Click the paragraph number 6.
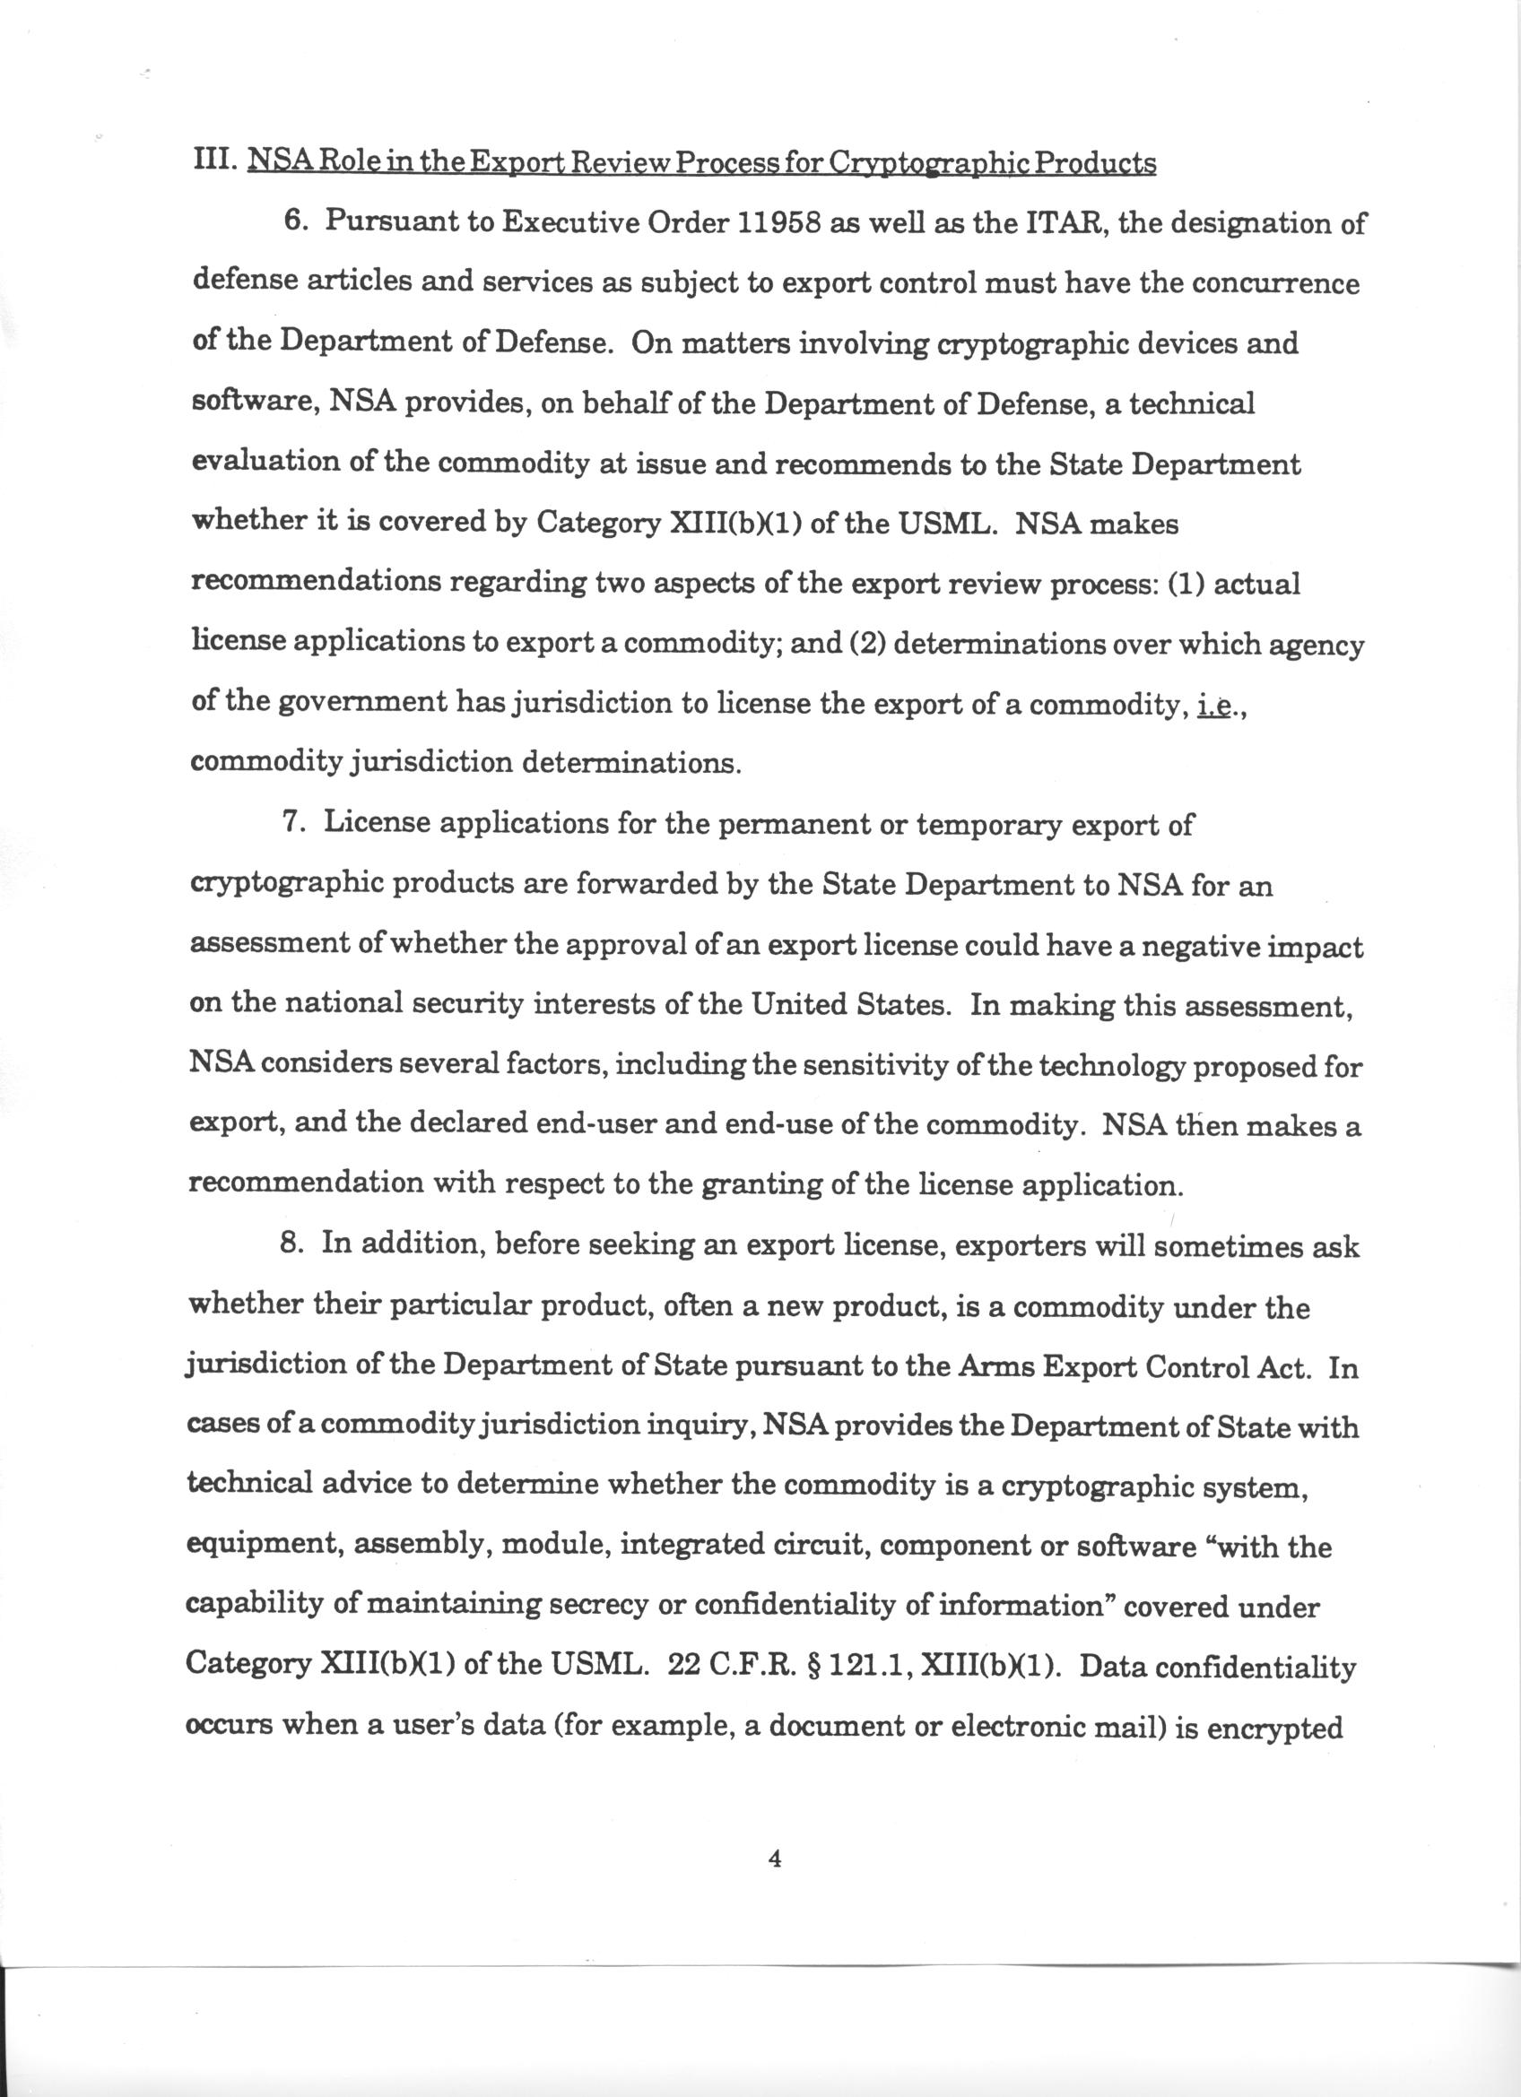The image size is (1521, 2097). pos(294,226)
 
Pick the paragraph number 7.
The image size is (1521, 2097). pos(293,824)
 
